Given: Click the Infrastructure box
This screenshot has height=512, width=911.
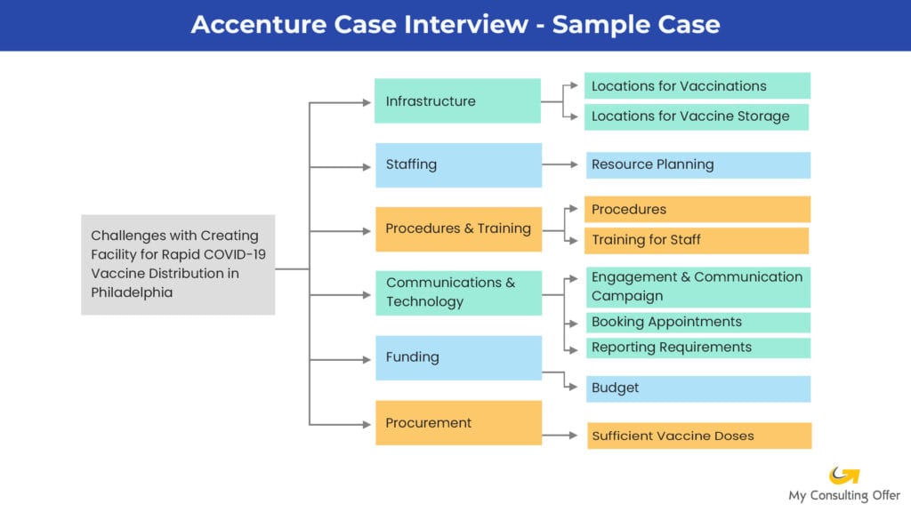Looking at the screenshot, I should [457, 101].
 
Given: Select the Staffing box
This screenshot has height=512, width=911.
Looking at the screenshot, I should [458, 164].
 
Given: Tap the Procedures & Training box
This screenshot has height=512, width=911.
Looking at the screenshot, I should [458, 229].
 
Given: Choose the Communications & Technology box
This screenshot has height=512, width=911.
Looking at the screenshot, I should [458, 292].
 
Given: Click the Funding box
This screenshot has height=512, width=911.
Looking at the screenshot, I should [458, 357].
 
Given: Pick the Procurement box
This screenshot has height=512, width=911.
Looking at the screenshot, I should [458, 423].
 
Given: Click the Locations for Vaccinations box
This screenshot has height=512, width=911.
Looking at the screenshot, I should [697, 86].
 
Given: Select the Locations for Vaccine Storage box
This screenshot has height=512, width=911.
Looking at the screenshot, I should [697, 116].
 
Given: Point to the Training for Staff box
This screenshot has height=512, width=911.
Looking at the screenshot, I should [697, 240].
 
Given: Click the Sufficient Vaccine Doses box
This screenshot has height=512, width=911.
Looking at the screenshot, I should [699, 436].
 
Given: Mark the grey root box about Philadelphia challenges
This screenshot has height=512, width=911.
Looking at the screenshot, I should [178, 264].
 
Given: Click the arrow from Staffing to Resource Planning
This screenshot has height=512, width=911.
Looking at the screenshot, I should [562, 164].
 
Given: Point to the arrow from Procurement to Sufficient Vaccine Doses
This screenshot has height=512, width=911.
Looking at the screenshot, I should [562, 435].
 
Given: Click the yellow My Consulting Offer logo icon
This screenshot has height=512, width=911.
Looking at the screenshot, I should [843, 476].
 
